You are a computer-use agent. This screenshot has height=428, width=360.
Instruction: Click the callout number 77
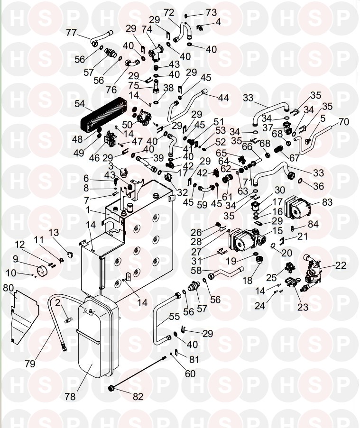(72, 32)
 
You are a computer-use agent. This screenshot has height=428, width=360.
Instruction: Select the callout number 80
(9, 288)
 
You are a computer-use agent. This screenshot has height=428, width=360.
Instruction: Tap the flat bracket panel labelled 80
(24, 313)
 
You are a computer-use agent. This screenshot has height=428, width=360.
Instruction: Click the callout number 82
(137, 397)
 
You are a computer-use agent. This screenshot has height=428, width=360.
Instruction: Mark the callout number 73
(211, 11)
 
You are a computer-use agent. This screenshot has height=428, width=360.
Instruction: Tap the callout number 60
(190, 373)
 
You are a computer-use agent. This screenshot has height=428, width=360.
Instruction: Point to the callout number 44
(223, 98)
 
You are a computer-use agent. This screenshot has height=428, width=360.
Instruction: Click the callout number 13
(54, 232)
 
